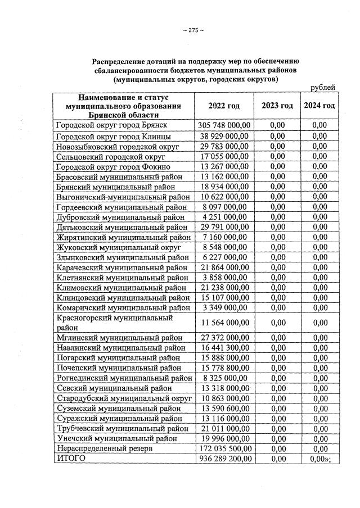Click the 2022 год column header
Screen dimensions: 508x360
pos(224,106)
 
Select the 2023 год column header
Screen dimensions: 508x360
pos(277,106)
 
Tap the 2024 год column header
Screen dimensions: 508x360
pos(319,106)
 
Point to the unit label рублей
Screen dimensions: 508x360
pos(323,87)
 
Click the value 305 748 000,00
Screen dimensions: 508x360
pos(225,124)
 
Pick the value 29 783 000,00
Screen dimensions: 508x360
pos(225,146)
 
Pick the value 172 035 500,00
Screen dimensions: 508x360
pos(225,449)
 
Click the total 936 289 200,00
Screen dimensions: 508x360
pos(225,459)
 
